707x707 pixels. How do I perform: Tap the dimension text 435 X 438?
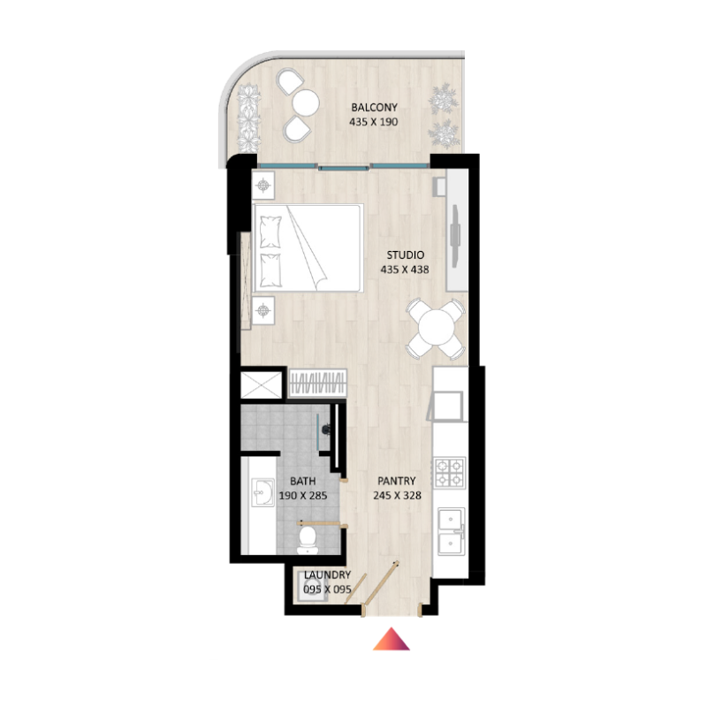(403, 270)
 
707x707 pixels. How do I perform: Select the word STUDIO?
(403, 255)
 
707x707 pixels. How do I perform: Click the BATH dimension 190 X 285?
(303, 496)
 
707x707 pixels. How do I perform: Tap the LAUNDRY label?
(326, 574)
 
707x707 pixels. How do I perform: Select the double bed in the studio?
(308, 248)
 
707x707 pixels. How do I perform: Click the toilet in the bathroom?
(306, 536)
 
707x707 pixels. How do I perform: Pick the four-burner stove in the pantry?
(450, 473)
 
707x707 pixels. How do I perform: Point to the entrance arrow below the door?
(392, 639)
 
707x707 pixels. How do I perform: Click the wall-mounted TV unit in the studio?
(456, 230)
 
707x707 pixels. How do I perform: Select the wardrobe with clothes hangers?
(317, 384)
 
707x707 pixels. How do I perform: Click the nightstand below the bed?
(263, 310)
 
